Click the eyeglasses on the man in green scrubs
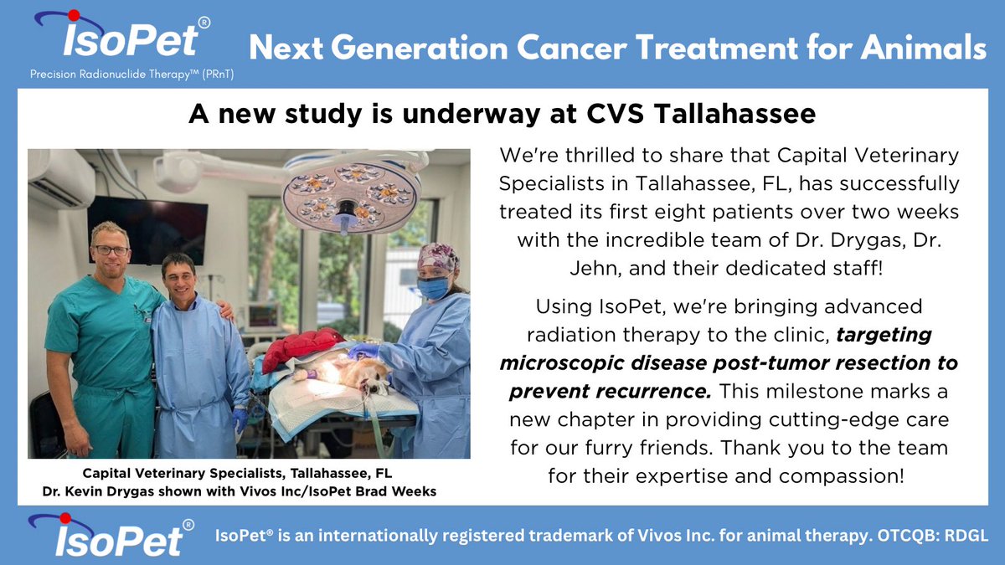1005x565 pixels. pos(111,250)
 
